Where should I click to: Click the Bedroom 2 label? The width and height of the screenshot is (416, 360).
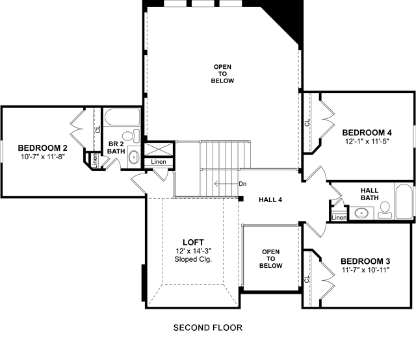[42, 148]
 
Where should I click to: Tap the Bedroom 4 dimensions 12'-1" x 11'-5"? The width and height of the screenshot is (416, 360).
[367, 142]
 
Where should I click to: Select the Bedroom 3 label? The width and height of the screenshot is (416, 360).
[365, 261]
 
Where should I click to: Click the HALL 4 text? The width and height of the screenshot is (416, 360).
[270, 199]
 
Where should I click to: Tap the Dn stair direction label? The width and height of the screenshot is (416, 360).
[242, 184]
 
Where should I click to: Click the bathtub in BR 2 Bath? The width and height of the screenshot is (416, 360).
[122, 117]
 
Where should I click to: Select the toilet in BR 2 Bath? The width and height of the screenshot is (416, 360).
[131, 136]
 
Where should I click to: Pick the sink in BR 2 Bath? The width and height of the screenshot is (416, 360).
[134, 157]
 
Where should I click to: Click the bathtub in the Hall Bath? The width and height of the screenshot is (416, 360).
[404, 201]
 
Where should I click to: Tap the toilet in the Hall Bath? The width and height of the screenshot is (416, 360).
[385, 210]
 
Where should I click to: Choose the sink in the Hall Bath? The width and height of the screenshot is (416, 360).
[361, 213]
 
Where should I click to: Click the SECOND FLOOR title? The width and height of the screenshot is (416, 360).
[208, 328]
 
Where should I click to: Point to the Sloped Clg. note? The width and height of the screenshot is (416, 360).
[193, 259]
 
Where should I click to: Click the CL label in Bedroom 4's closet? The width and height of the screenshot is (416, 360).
[307, 122]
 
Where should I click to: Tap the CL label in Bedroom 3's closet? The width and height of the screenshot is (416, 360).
[307, 279]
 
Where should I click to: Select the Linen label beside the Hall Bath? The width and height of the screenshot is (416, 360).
[339, 218]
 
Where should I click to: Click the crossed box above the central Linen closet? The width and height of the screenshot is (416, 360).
[159, 149]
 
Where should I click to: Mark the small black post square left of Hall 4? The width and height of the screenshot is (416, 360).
[241, 199]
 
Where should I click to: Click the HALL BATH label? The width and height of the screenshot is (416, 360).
[370, 194]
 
